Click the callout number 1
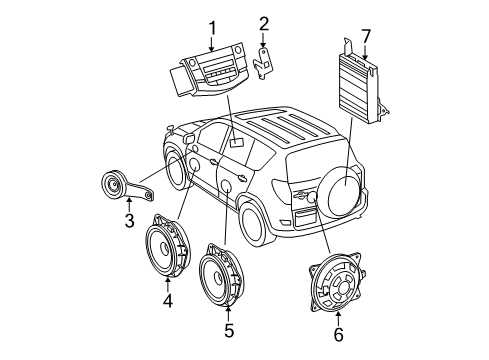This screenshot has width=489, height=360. coord(212,28)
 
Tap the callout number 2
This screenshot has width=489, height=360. coord(264,24)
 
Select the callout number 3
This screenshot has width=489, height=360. coord(128,219)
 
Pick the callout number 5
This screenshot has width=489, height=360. coord(228,328)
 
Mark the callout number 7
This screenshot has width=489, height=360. coord(365,38)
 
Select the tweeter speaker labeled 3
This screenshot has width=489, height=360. coord(117,187)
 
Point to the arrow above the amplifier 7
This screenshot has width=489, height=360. coord(365,50)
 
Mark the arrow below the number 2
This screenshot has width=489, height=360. coord(264,39)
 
